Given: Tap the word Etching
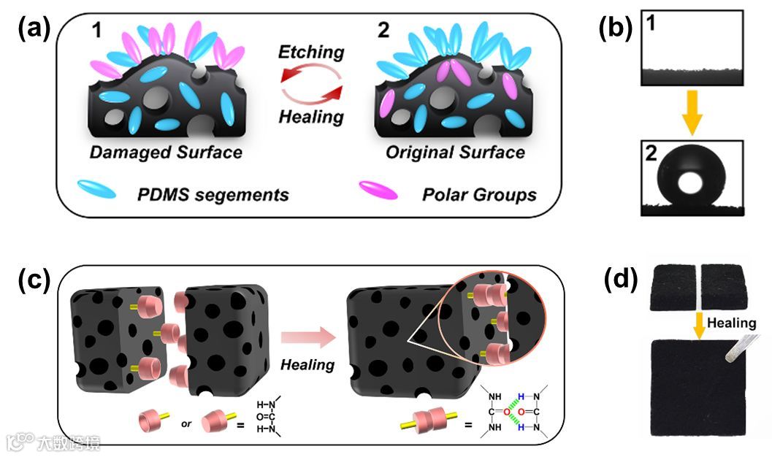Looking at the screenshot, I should tap(311, 53).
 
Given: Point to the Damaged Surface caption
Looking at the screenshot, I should tap(165, 153).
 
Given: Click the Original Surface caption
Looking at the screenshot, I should tap(457, 153).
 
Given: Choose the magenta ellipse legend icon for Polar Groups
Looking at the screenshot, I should tap(378, 191).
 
